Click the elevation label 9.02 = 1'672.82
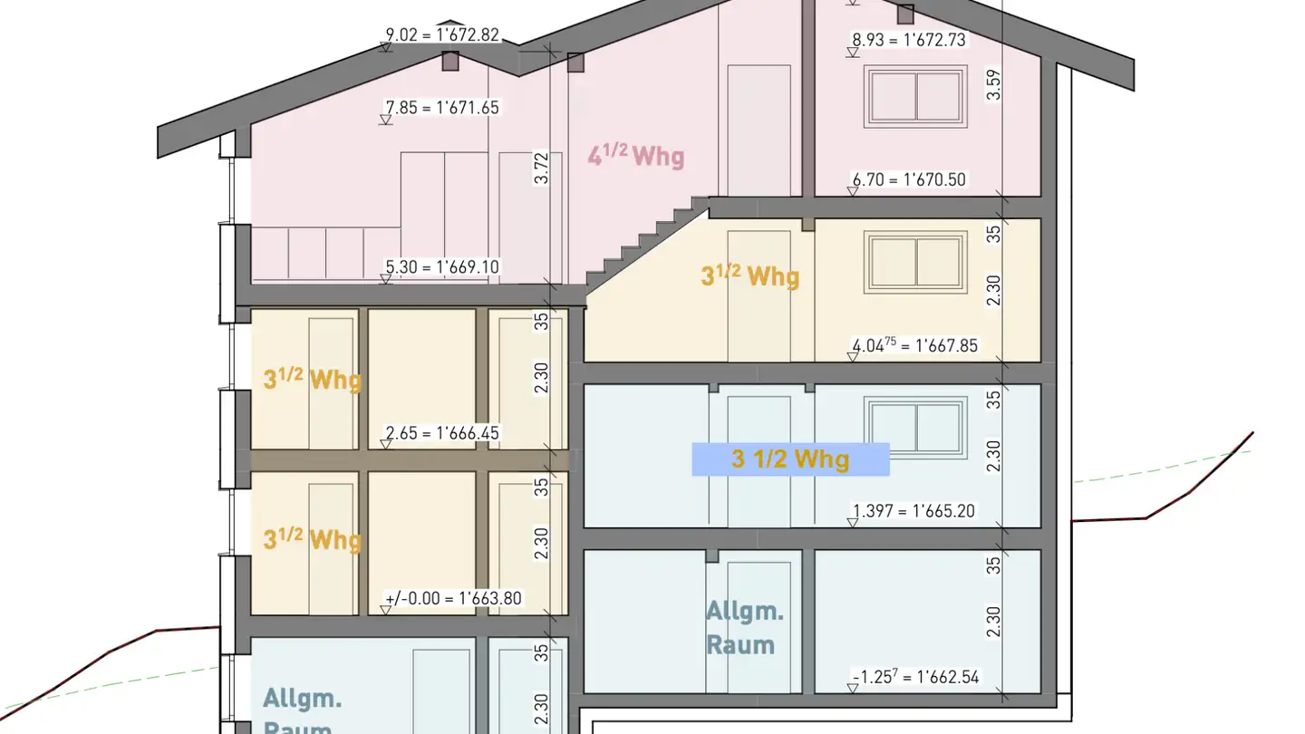click(442, 35)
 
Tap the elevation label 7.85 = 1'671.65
click(442, 108)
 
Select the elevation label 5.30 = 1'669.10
click(442, 266)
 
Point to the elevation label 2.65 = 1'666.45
click(442, 433)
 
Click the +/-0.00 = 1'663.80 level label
click(453, 598)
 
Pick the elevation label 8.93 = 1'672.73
click(909, 40)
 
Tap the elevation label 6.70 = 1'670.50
click(909, 179)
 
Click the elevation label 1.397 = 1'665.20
click(913, 511)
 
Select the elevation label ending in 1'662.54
click(916, 676)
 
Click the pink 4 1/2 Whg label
click(636, 155)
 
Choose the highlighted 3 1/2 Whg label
click(790, 459)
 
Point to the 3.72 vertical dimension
click(541, 168)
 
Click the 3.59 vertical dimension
click(993, 85)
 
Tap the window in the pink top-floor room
click(915, 96)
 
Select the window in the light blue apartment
click(915, 420)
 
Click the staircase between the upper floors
click(647, 245)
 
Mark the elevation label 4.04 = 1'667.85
click(914, 345)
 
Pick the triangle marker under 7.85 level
click(385, 120)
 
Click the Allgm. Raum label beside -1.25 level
click(745, 628)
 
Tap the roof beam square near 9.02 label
click(450, 62)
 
